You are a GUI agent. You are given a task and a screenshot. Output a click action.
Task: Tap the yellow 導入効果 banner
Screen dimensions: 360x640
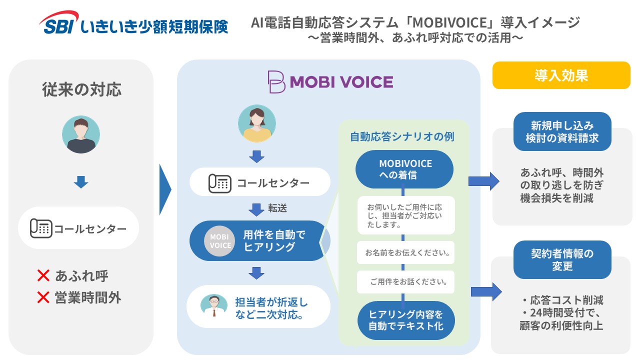(x=561, y=75)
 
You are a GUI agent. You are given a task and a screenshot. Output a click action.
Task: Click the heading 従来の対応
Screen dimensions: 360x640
(x=81, y=90)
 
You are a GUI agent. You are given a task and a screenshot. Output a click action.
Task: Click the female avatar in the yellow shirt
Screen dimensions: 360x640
(x=257, y=123)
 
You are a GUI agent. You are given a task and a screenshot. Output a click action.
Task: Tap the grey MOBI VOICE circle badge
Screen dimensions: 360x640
(x=220, y=241)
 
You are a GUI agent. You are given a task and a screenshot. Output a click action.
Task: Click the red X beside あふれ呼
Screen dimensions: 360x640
(x=43, y=275)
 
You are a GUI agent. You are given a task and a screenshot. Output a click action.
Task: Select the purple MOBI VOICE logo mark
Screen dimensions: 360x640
(x=276, y=81)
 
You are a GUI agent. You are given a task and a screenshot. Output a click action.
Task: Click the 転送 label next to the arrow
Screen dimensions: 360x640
(x=277, y=208)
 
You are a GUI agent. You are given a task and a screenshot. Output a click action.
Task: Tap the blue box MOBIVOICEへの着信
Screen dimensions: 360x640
(x=404, y=169)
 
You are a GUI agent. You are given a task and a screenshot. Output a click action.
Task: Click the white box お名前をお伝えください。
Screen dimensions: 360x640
(x=406, y=253)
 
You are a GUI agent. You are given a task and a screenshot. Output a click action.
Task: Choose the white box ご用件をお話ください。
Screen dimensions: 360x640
(x=406, y=282)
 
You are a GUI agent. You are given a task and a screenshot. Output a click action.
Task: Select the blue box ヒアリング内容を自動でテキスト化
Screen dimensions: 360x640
(x=405, y=320)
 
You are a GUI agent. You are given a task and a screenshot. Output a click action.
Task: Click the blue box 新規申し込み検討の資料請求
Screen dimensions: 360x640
(x=562, y=132)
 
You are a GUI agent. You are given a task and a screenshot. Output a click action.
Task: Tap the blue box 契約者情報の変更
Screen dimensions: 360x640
(x=562, y=260)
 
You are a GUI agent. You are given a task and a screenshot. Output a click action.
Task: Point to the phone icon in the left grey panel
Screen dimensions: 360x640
(x=41, y=228)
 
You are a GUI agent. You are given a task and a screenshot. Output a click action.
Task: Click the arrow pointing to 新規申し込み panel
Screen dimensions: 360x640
(x=483, y=180)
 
